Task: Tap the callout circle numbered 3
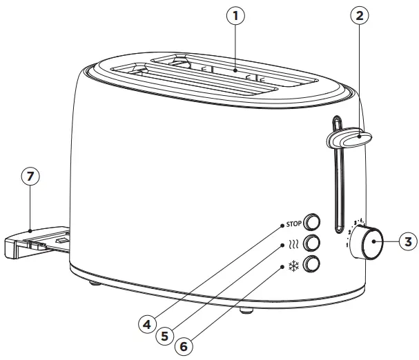tap(407, 241)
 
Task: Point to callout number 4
tap(147, 322)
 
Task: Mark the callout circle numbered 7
tap(29, 177)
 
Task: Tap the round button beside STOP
tap(313, 222)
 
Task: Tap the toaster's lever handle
tap(349, 139)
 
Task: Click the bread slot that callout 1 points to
tap(235, 71)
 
